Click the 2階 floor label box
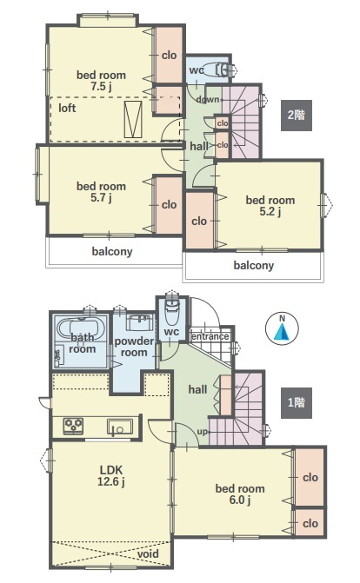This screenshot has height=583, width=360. [x=297, y=116]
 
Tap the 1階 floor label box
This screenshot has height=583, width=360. [x=297, y=402]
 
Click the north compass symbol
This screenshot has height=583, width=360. [x=282, y=328]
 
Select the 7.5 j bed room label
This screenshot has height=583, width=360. [x=101, y=81]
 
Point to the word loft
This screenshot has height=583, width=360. [x=67, y=108]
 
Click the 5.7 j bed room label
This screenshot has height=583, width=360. [x=101, y=192]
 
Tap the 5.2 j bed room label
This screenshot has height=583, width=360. [x=270, y=206]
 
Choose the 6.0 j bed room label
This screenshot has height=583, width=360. [x=240, y=494]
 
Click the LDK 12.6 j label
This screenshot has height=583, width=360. [x=111, y=475]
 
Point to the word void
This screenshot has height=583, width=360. [x=148, y=553]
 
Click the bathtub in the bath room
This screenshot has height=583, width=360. [x=78, y=328]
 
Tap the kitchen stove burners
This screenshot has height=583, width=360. [x=73, y=426]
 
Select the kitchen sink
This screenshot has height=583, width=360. [x=120, y=427]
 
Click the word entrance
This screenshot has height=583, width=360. [x=210, y=336]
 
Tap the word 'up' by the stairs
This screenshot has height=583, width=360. [x=202, y=432]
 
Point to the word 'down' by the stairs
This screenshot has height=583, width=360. [x=208, y=99]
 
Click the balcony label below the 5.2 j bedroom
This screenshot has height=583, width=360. [x=254, y=266]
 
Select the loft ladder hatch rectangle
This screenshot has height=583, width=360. [x=133, y=119]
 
